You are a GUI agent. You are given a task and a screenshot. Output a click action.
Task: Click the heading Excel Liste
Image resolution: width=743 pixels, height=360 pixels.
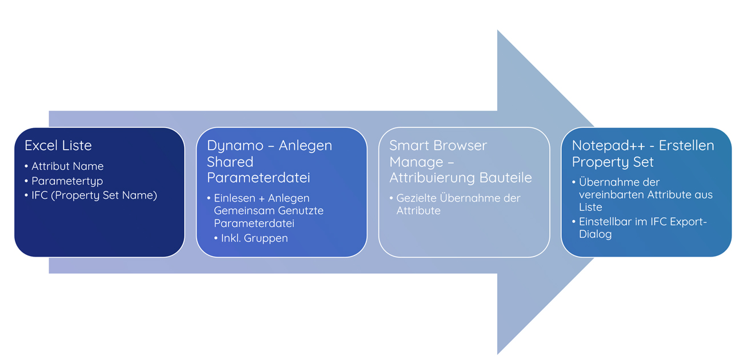58,146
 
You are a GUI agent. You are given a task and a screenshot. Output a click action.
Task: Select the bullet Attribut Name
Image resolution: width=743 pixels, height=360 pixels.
67,166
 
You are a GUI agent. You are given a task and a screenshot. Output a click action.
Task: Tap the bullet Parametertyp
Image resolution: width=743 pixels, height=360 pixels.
67,181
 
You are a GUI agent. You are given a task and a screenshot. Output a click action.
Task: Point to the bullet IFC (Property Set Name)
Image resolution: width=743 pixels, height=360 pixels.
94,195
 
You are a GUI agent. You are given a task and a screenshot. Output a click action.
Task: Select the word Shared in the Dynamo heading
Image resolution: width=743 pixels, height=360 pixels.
230,162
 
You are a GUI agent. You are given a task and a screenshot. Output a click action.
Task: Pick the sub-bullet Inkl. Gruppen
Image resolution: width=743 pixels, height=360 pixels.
254,238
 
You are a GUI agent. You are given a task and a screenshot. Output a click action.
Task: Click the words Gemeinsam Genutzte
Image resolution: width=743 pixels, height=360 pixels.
269,210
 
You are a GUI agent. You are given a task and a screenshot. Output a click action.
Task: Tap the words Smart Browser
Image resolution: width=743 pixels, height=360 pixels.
438,146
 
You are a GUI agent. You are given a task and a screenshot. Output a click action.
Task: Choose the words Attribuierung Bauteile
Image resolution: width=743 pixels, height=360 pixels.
461,178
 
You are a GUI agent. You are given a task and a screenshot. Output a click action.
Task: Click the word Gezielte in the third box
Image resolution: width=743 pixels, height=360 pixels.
416,198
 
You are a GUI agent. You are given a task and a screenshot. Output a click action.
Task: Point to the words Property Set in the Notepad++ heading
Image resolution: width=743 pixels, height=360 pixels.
613,162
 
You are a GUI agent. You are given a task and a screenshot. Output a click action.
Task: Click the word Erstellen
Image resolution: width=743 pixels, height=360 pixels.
686,146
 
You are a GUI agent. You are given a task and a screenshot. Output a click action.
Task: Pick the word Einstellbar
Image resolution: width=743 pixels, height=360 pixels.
605,222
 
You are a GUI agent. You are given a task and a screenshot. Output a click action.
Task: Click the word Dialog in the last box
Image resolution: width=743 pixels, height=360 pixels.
596,234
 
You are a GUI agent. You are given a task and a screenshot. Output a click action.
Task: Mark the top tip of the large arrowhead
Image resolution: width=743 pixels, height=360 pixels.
498,30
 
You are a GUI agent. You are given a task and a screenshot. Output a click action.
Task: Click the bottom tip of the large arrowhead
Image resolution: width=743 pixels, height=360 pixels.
498,354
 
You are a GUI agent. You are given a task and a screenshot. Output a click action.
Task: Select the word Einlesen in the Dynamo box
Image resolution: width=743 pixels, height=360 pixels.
234,198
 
